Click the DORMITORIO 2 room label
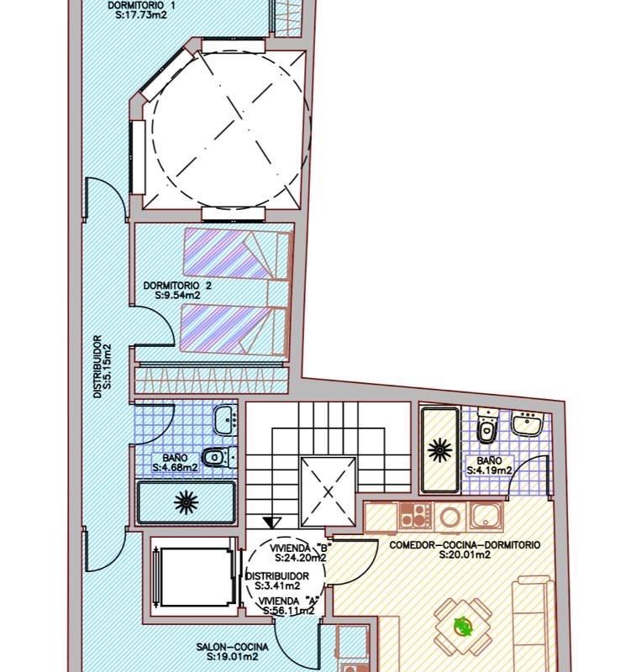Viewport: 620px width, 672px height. coord(177,286)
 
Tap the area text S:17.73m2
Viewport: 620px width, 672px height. coord(141,15)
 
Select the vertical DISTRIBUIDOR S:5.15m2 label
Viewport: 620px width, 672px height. coord(102,366)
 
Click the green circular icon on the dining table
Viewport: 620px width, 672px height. coord(462,626)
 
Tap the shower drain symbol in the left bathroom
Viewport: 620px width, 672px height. coord(187,502)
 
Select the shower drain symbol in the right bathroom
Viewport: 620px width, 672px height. coord(440,450)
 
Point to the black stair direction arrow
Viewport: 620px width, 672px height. coord(272,522)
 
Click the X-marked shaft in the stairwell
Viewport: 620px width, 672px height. coord(328,491)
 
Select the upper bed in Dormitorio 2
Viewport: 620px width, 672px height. coord(237,254)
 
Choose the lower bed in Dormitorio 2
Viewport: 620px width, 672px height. coord(234,329)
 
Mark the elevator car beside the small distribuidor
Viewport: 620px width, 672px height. coord(194,577)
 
